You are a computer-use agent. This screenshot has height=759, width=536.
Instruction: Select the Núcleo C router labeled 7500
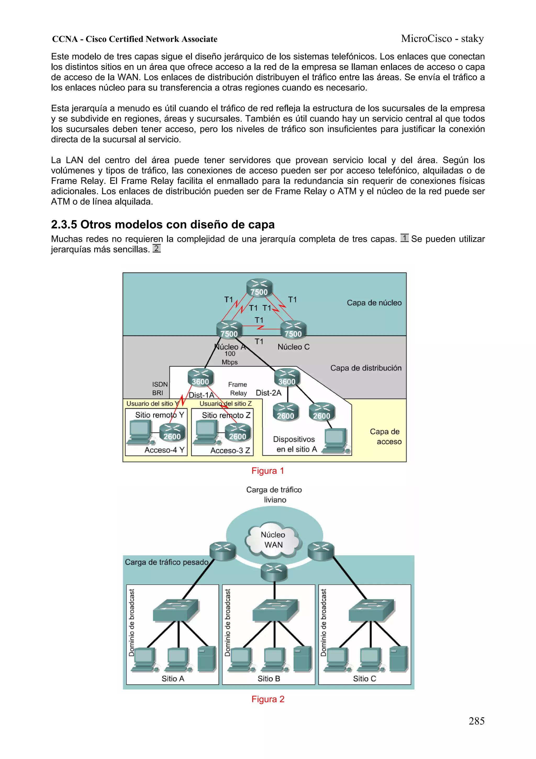293,330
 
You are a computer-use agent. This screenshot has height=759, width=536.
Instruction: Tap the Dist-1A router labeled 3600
200,378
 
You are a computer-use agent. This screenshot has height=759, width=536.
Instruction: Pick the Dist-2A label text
269,393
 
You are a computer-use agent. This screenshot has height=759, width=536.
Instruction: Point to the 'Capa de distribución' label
366,368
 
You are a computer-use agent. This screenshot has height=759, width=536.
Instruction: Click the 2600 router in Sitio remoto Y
172,432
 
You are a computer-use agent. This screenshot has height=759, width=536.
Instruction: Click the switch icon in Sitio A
176,610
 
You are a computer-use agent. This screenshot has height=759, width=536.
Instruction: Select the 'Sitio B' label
269,679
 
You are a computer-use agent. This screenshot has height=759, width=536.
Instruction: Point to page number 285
476,721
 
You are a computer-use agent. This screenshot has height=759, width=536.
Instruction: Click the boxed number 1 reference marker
404,238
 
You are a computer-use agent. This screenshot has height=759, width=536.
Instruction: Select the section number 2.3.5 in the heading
64,225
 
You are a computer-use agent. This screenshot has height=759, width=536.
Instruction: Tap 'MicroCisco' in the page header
426,39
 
